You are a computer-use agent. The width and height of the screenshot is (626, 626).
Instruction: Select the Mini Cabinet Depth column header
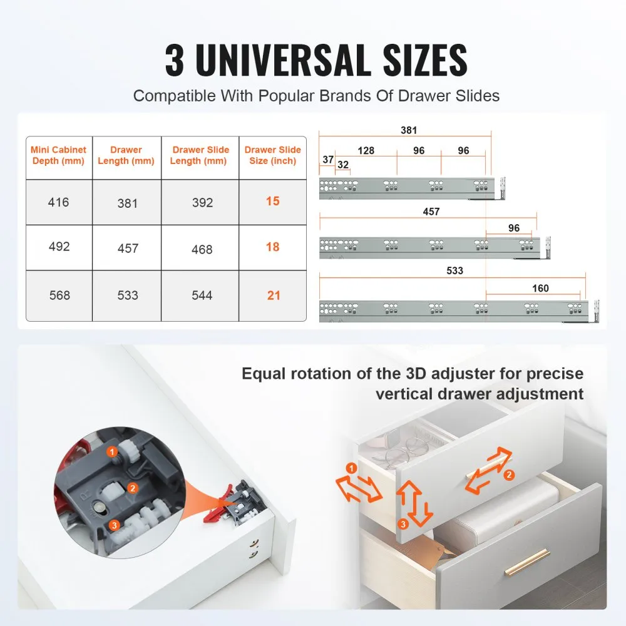coord(59,155)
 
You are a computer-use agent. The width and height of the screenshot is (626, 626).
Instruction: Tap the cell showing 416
coord(59,202)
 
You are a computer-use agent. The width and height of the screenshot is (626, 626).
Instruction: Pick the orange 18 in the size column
coord(272,247)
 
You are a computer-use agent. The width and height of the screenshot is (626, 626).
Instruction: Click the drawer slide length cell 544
coord(202,295)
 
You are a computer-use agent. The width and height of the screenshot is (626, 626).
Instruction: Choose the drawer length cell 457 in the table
coord(128,249)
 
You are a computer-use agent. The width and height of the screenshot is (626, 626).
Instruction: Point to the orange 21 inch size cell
coord(274,295)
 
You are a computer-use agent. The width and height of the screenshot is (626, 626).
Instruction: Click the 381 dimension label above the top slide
coord(409,131)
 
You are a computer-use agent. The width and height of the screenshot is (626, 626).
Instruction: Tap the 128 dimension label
coord(366,151)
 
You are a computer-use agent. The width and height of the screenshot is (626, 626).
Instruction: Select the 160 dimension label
coord(540,289)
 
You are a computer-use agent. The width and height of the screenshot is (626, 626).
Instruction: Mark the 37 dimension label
coord(327,160)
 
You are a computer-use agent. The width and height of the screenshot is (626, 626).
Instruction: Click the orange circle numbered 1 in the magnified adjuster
coord(111,451)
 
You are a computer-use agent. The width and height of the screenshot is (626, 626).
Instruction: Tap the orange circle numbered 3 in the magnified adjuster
coord(114,525)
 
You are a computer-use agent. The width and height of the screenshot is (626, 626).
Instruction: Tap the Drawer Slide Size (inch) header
coord(272,155)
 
